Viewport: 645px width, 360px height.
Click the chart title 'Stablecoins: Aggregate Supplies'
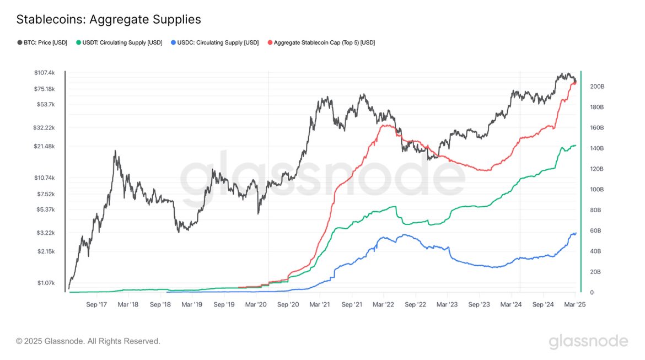click(x=109, y=19)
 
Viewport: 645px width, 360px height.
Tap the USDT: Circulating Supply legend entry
click(x=119, y=42)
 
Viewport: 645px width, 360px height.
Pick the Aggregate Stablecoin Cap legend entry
click(x=321, y=42)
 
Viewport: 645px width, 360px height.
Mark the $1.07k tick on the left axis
click(x=46, y=283)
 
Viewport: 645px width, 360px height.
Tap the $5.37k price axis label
click(x=46, y=209)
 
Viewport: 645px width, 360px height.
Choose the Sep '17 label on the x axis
click(x=96, y=304)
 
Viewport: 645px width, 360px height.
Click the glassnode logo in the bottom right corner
click(x=588, y=341)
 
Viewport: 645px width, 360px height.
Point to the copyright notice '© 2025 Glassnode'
click(x=88, y=341)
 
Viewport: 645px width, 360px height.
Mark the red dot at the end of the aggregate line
click(x=575, y=83)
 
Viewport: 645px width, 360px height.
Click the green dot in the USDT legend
click(x=79, y=42)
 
